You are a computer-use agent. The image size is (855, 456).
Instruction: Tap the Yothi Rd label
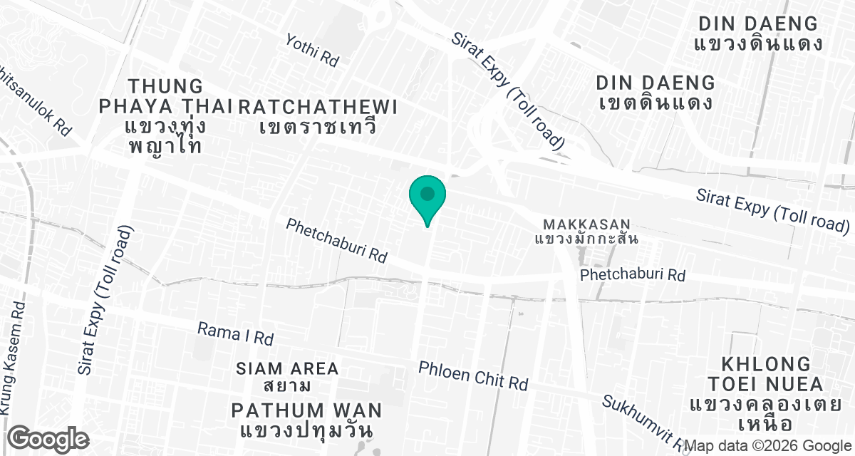312,50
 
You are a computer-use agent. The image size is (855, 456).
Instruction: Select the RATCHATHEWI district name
318,107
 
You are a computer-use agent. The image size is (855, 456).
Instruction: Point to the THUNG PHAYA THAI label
165,97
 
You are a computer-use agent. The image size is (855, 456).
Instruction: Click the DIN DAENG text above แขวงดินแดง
758,23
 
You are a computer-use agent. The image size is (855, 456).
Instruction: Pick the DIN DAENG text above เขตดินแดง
655,82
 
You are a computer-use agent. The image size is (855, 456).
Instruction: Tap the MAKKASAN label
586,222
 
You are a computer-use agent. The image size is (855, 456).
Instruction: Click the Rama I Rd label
235,333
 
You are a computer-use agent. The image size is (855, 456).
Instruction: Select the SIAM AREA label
287,368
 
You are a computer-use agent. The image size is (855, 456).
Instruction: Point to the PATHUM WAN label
306,410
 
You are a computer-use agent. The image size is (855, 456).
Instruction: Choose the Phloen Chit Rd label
473,375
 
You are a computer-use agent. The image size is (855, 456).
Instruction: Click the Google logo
48,438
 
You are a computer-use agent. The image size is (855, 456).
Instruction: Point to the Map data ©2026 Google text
768,446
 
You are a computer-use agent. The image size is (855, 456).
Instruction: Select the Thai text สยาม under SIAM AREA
287,387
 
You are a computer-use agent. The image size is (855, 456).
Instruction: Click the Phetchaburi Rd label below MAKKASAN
632,274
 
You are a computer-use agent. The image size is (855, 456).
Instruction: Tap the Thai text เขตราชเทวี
318,128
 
